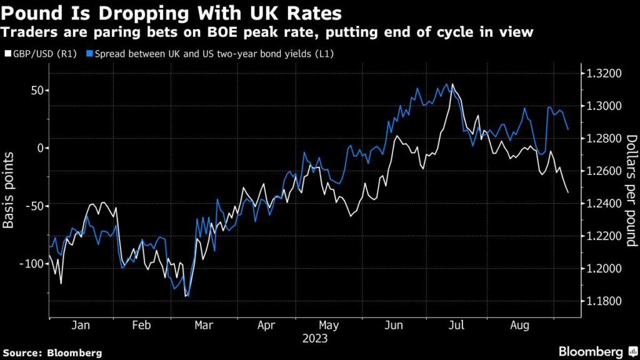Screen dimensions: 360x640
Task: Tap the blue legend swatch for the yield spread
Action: [90, 54]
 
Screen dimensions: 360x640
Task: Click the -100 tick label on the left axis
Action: [31, 264]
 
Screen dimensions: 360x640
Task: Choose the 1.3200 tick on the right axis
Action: [602, 74]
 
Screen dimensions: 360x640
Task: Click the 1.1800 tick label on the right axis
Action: [602, 301]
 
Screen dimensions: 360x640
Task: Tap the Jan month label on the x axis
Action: [81, 326]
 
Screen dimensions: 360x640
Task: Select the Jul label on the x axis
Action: [457, 326]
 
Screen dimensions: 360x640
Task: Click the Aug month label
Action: [521, 326]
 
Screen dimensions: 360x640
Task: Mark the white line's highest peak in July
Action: [452, 84]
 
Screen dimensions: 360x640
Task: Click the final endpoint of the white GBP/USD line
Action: [568, 192]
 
